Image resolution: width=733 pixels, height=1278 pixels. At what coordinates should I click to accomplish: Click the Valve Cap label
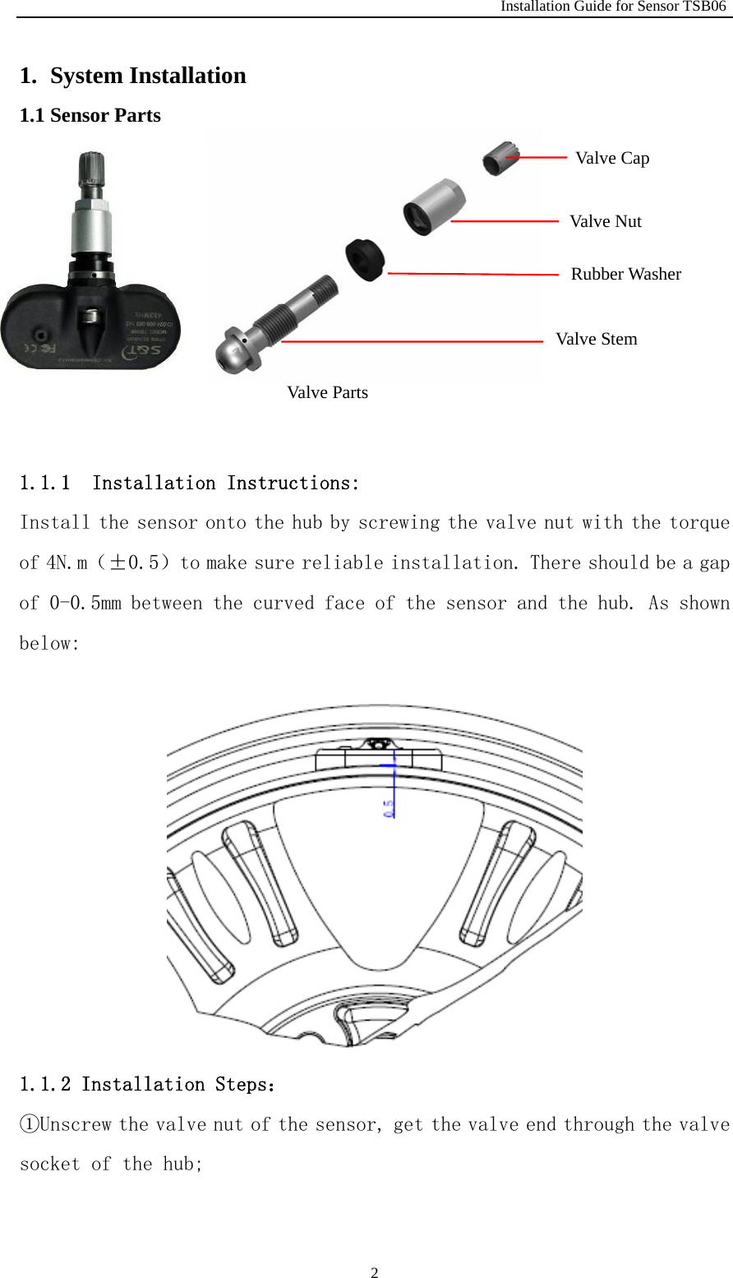pos(612,158)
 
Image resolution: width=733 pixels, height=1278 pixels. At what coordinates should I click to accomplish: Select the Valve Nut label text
pos(606,221)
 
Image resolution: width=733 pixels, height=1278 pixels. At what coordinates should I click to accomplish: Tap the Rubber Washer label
pos(625,274)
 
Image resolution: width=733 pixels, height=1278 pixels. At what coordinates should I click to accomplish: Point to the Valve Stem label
pos(596,339)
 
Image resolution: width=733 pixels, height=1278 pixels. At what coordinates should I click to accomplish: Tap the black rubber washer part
pos(365,259)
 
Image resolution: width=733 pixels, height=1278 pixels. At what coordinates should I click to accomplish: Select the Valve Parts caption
pos(327,392)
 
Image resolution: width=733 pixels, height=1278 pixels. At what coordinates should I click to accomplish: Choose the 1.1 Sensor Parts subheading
pos(90,115)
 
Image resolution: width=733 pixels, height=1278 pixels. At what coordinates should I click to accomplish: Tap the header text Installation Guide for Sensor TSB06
pos(613,7)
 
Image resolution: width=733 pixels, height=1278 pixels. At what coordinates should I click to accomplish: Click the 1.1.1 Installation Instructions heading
pos(189,483)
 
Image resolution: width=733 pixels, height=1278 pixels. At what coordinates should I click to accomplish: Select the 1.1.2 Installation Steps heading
pos(148,1084)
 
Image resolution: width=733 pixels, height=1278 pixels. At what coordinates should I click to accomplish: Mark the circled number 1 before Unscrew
pos(29,1124)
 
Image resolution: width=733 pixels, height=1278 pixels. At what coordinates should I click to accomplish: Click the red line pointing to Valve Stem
pos(411,340)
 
